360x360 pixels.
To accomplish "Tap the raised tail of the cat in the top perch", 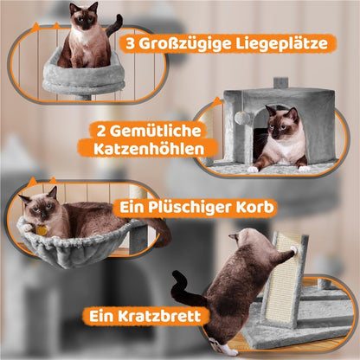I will click(115, 25).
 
